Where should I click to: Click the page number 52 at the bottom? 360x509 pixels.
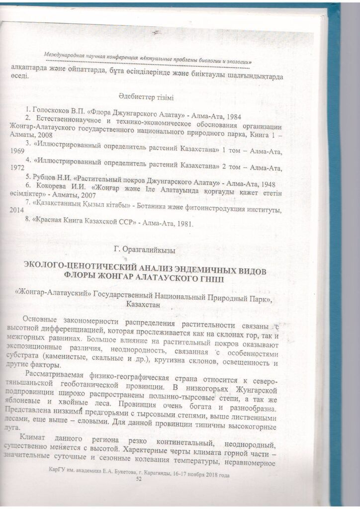pyautogui.click(x=139, y=479)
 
